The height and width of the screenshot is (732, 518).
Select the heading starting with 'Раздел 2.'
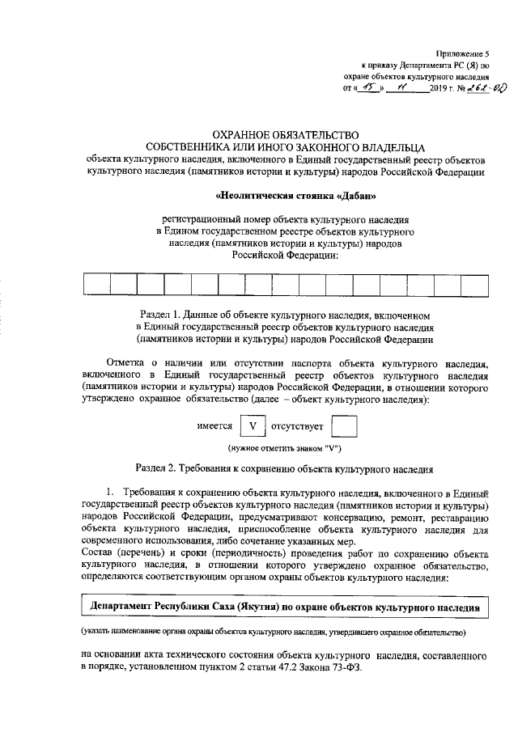coord(284,468)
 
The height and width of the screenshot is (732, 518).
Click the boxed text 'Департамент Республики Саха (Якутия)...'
coord(284,606)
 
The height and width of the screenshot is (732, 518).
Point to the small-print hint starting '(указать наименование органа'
coord(284,630)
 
